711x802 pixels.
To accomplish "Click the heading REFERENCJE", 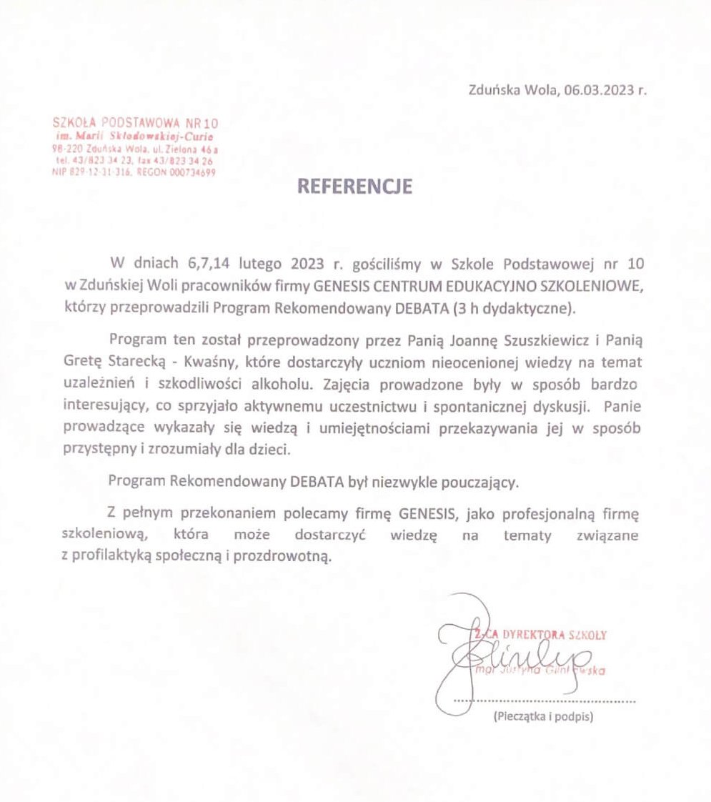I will pyautogui.click(x=355, y=187).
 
